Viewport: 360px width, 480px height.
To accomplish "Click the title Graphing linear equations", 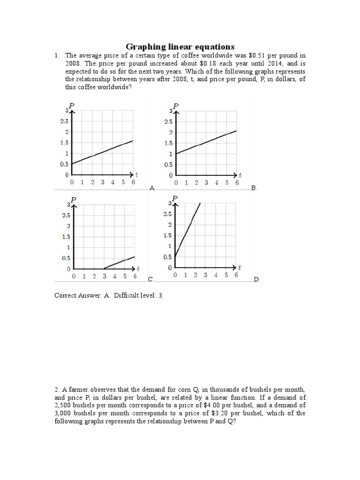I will pos(180,46).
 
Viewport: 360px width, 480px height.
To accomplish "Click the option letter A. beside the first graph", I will pos(152,187).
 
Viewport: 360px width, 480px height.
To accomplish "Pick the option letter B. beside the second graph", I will pos(254,187).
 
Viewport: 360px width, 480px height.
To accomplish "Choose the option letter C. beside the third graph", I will pos(150,279).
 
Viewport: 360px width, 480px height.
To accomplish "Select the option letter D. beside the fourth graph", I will pos(256,279).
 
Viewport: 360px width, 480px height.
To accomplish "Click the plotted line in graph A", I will pos(103,152).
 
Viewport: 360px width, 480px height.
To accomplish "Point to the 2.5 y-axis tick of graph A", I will pos(64,121).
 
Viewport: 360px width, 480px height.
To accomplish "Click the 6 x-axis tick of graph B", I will pos(237,183).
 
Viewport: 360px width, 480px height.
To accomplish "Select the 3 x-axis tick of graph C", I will pos(105,277).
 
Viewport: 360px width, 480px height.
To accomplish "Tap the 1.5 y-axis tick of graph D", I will pos(167,235).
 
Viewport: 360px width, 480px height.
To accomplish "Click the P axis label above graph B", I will pos(176,106).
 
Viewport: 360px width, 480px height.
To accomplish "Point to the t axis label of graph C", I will pos(138,269).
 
